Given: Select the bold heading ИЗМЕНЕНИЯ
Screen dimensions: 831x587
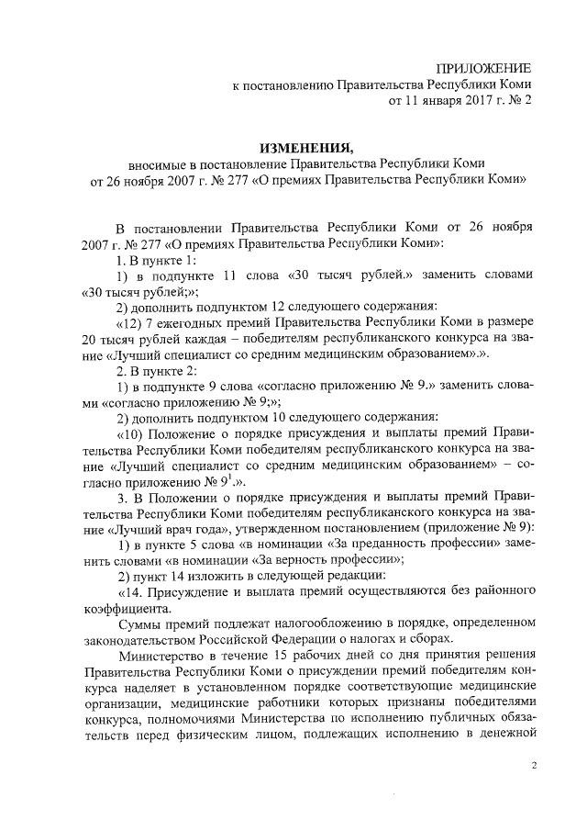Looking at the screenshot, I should pos(306,147).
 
